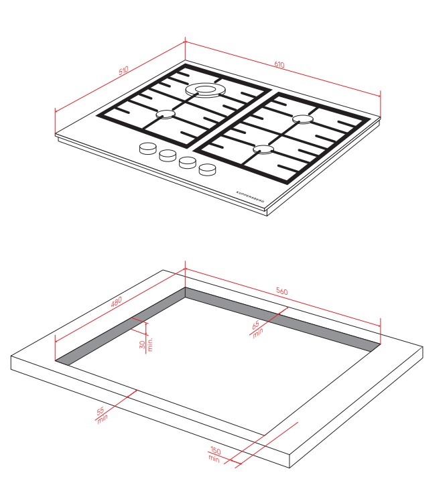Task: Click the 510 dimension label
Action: pyautogui.click(x=123, y=70)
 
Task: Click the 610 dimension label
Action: pyautogui.click(x=279, y=64)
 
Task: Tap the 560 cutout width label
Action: pyautogui.click(x=281, y=291)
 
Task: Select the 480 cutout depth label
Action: pyautogui.click(x=117, y=301)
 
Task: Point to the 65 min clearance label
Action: pyautogui.click(x=257, y=329)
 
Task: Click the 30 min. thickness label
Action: pyautogui.click(x=145, y=344)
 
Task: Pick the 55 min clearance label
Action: pyautogui.click(x=102, y=415)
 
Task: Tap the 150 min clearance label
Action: pyautogui.click(x=214, y=454)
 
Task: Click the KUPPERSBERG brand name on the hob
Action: pyautogui.click(x=250, y=197)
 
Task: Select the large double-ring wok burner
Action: pyautogui.click(x=206, y=90)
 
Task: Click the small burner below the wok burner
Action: pyautogui.click(x=166, y=115)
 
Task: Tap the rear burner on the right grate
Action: pyautogui.click(x=302, y=119)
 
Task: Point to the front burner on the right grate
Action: pyautogui.click(x=263, y=149)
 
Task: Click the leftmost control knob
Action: pyautogui.click(x=148, y=148)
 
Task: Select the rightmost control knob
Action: pyautogui.click(x=207, y=169)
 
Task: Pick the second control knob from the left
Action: pyautogui.click(x=168, y=155)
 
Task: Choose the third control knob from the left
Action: pyautogui.click(x=188, y=163)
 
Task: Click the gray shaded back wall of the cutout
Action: pyautogui.click(x=282, y=316)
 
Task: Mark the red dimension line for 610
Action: pyautogui.click(x=283, y=69)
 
